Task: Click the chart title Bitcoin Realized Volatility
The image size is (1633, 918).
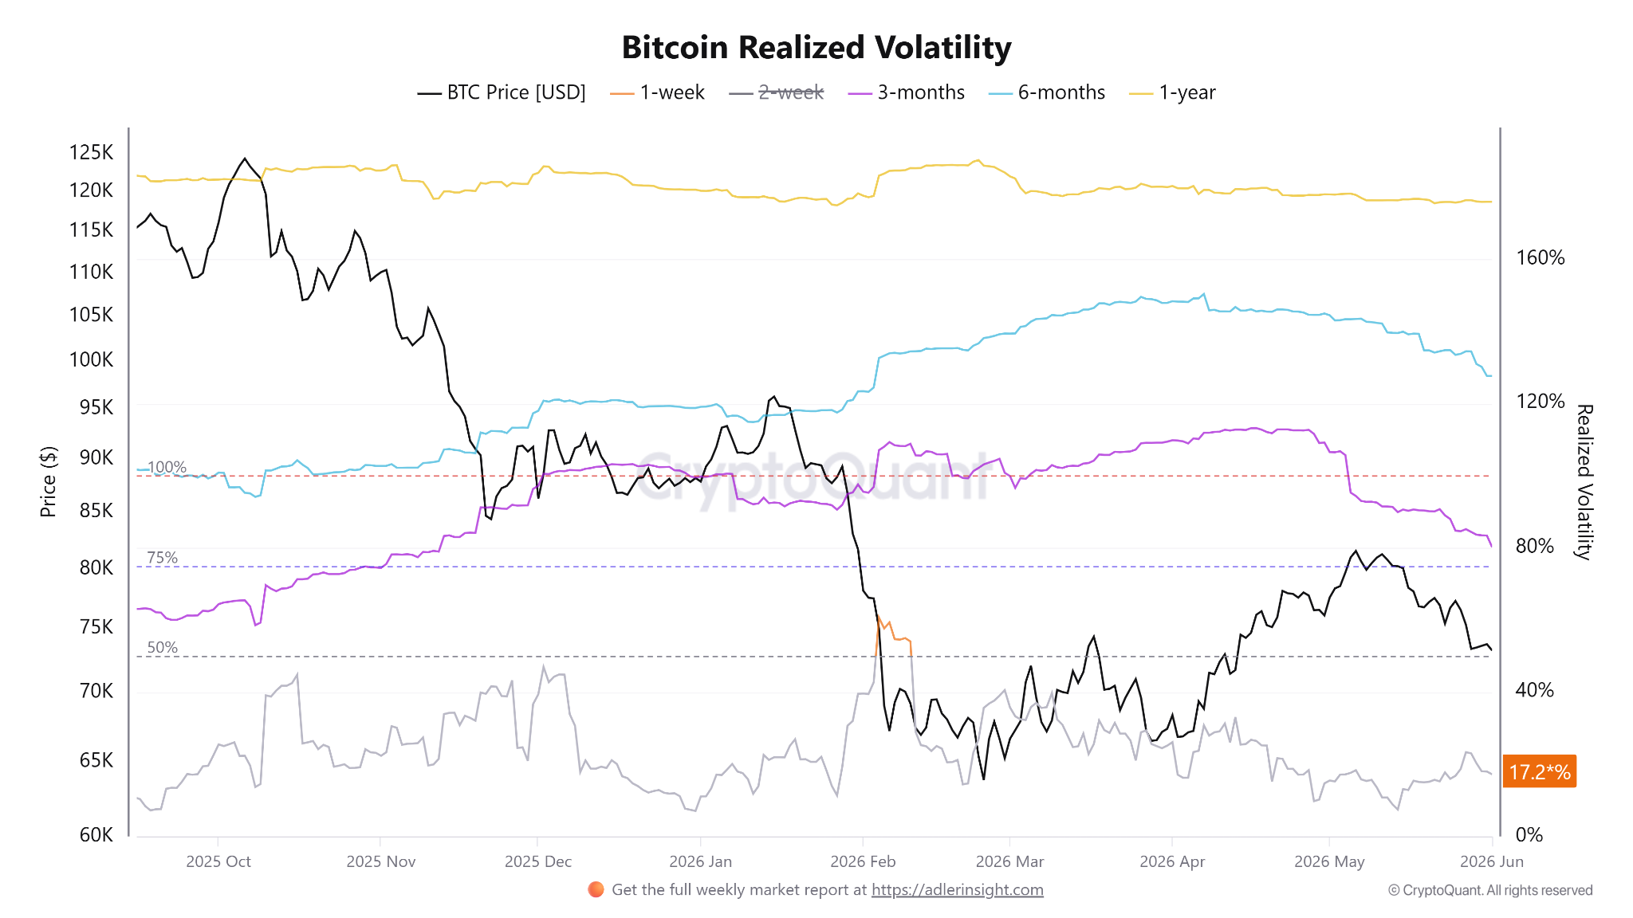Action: pos(816,48)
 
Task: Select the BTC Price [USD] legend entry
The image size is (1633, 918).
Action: pos(502,92)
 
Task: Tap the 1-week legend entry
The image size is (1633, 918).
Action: pos(657,92)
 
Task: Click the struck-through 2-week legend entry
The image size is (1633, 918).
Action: pos(776,92)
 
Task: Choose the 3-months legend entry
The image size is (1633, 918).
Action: pos(907,92)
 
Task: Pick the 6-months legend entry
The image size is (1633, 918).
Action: pos(1047,92)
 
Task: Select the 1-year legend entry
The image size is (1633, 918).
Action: pos(1173,92)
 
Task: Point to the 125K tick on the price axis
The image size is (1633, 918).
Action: pos(92,152)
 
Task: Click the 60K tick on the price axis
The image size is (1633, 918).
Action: pos(96,834)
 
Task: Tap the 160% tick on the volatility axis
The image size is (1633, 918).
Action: pos(1540,257)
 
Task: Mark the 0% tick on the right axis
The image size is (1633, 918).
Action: pos(1529,834)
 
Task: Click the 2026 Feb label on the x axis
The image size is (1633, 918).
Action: pos(863,861)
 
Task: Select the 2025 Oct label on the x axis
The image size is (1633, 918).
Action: pos(218,861)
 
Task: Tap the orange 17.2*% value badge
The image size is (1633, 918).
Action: pos(1540,771)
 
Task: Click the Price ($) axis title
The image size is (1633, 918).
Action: pos(49,481)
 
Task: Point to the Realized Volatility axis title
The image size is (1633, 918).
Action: pos(1584,482)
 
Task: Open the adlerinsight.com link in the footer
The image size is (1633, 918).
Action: pos(957,890)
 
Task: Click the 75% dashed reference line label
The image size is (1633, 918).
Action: pos(163,558)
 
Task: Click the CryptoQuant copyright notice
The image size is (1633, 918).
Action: pos(1490,890)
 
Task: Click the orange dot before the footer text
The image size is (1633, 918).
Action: pos(596,889)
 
